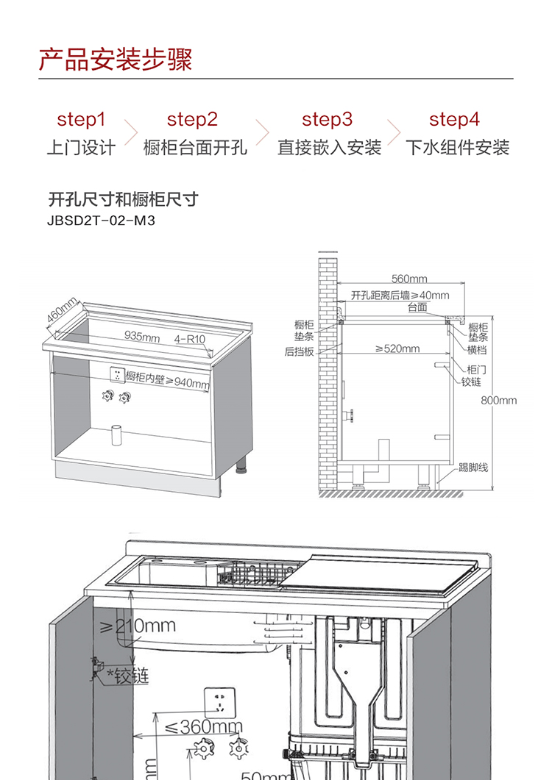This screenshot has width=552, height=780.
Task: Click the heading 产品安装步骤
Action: [x=116, y=59]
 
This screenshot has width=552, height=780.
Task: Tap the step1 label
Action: [x=81, y=119]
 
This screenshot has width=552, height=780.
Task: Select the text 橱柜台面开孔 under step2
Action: [x=195, y=148]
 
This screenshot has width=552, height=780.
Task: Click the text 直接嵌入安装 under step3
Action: [x=329, y=148]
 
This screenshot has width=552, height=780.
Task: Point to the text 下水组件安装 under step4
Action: [x=457, y=148]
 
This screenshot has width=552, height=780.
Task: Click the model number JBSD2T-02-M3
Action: [x=102, y=219]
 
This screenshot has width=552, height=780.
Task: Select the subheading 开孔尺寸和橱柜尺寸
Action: [x=123, y=199]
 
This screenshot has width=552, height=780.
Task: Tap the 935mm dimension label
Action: [x=142, y=337]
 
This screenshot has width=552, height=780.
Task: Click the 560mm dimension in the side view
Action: [x=409, y=279]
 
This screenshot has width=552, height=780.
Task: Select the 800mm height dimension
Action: [x=499, y=401]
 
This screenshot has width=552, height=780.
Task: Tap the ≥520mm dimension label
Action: [x=397, y=348]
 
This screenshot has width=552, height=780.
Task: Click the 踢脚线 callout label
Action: [x=473, y=468]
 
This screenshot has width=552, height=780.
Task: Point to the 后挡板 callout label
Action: [x=300, y=352]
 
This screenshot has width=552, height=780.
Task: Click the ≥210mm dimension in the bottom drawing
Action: [x=138, y=626]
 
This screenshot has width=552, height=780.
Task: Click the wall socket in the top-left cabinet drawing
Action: [x=116, y=375]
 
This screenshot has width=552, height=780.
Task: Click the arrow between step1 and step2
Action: [x=131, y=133]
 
